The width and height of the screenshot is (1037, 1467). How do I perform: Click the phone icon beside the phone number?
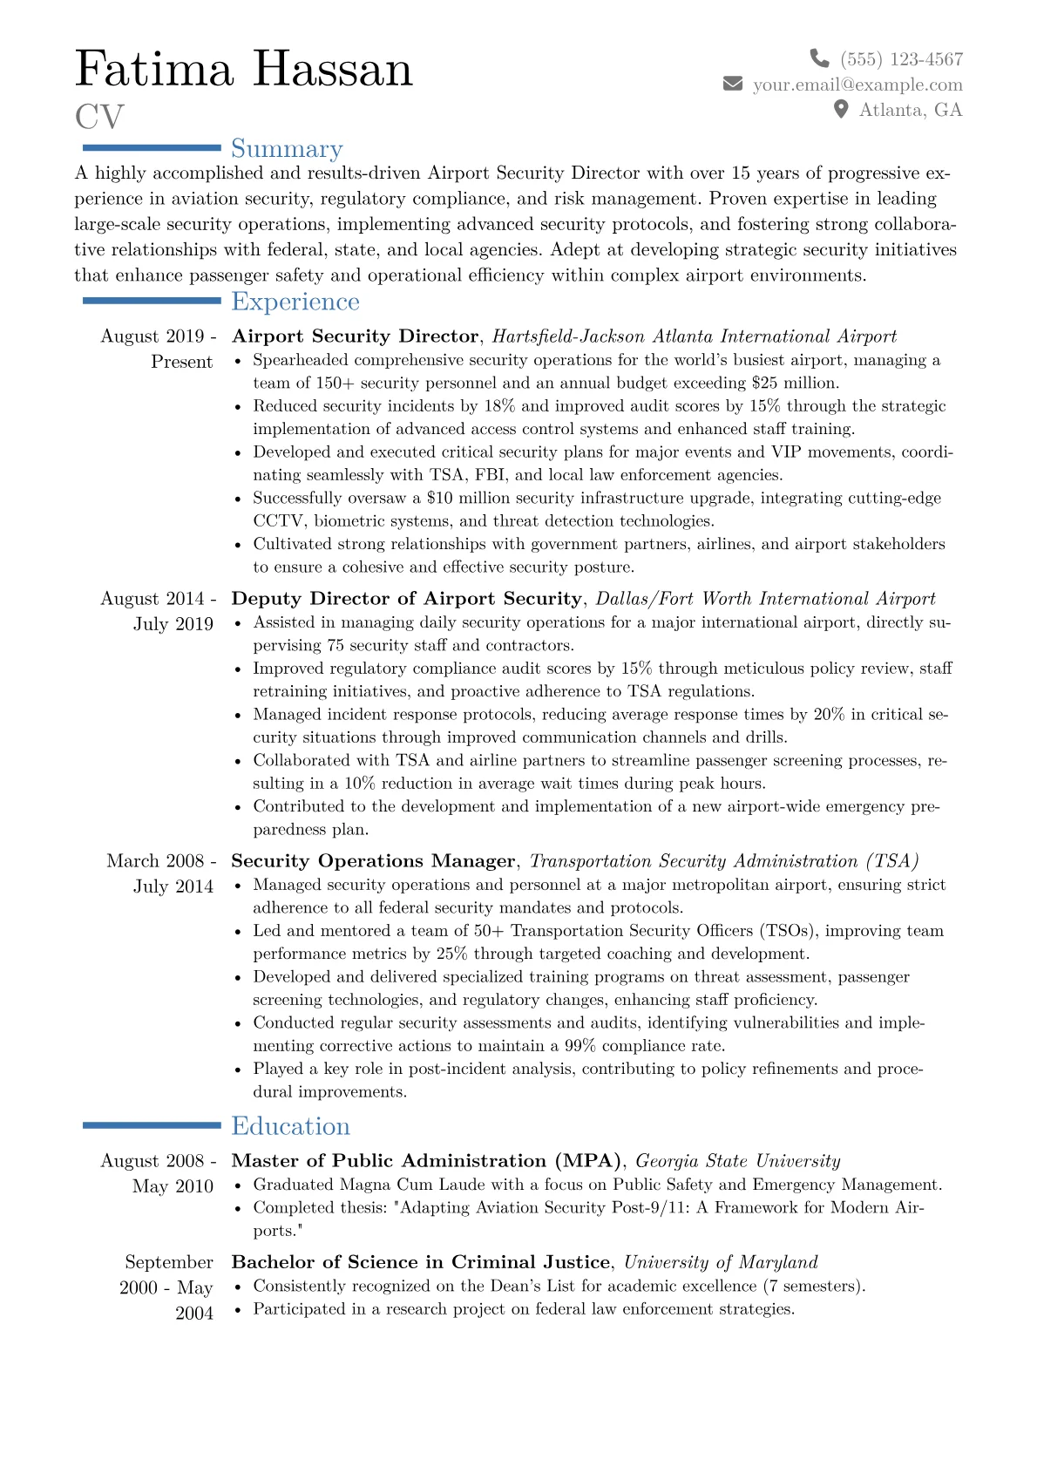819,58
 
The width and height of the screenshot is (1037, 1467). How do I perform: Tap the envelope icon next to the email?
733,84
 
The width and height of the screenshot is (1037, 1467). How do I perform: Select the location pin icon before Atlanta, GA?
841,109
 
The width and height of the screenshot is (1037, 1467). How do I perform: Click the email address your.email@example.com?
857,85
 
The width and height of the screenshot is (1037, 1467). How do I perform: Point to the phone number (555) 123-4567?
901,59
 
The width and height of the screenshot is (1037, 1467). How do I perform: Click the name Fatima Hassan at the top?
244,69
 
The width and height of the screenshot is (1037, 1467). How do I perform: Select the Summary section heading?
287,149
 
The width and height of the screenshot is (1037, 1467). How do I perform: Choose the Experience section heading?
295,302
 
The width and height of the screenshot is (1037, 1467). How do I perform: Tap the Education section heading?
290,1126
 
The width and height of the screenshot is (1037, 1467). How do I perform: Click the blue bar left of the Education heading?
152,1125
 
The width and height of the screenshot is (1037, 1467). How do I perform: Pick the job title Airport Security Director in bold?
356,336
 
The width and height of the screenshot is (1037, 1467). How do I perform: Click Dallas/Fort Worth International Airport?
765,599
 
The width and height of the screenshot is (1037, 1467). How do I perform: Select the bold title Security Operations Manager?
373,861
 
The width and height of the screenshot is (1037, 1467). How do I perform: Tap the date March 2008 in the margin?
156,861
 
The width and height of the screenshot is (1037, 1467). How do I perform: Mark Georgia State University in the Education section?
737,1161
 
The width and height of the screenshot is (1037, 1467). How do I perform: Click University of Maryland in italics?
721,1262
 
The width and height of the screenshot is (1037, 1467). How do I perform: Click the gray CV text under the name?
99,117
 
